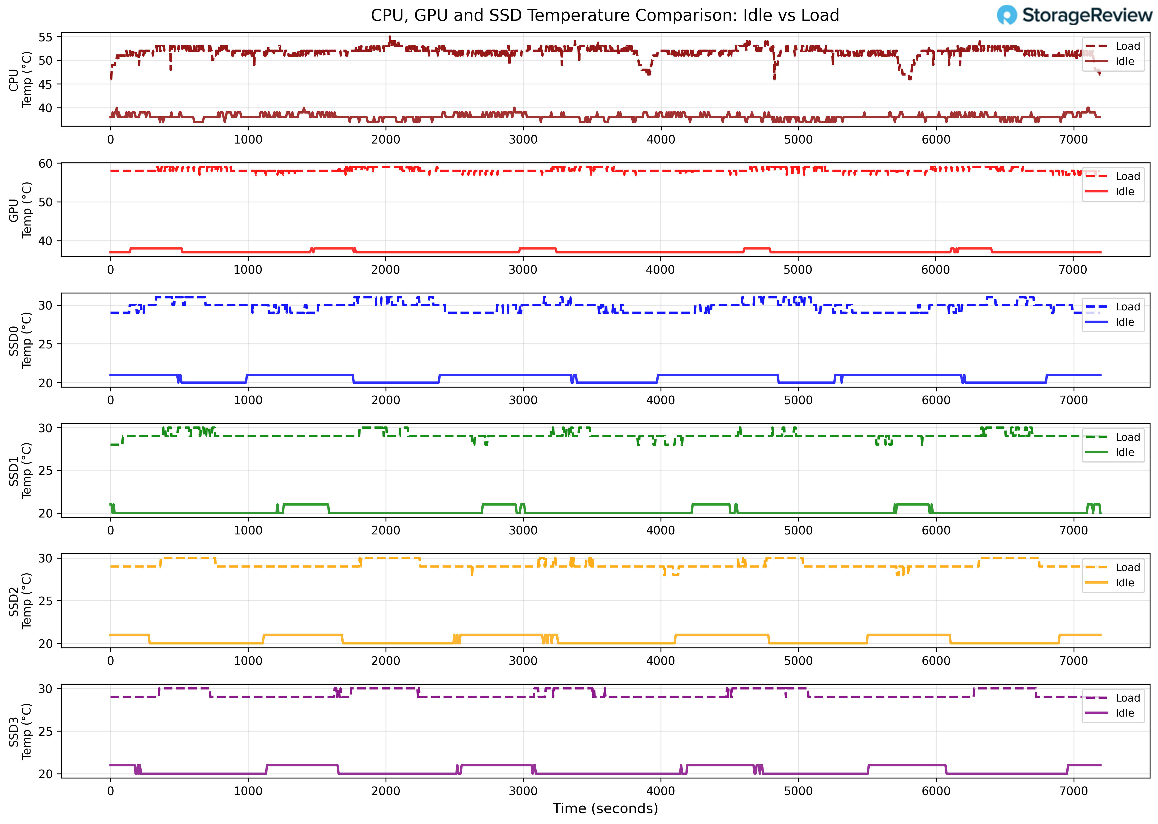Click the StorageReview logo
coord(1074,15)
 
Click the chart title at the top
coord(605,15)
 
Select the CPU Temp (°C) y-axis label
coord(20,80)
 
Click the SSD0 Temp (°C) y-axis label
coord(20,340)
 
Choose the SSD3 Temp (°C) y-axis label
coord(20,731)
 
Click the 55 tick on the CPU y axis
coord(45,37)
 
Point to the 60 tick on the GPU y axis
coord(45,163)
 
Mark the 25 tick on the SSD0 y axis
coord(45,344)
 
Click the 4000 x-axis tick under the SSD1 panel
coord(661,531)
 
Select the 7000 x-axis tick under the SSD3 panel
coord(1073,791)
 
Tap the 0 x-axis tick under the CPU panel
coord(111,140)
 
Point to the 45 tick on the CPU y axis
coord(45,84)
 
